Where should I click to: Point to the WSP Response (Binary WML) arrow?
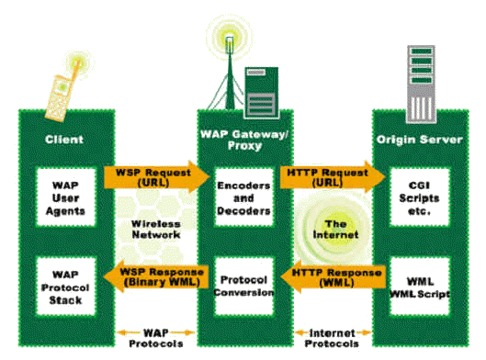click(153, 275)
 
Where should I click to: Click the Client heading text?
click(65, 141)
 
